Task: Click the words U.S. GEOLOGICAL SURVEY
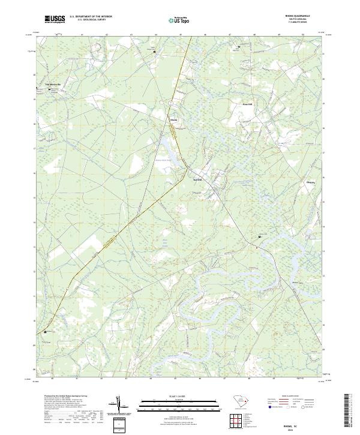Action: tap(91, 19)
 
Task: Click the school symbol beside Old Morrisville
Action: tap(49, 89)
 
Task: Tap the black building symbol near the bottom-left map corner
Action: tap(44, 332)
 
